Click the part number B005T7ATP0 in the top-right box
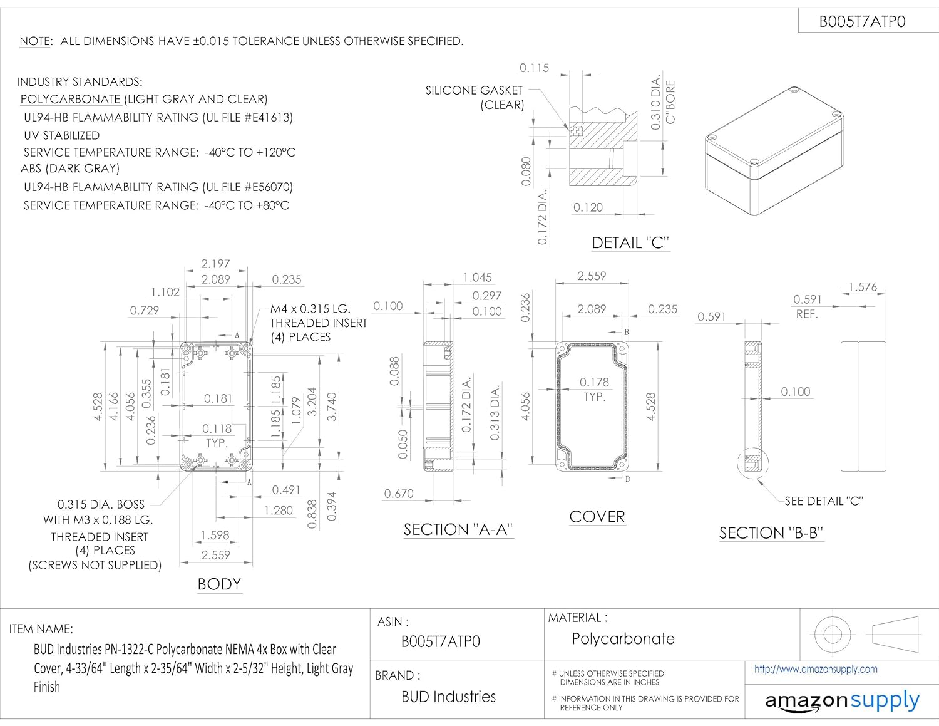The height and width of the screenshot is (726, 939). [862, 22]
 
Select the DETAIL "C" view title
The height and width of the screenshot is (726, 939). [630, 243]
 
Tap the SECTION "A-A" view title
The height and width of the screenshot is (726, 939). [458, 530]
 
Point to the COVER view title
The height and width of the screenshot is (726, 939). [597, 517]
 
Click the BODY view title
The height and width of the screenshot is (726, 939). [219, 584]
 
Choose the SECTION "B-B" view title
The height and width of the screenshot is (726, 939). [771, 533]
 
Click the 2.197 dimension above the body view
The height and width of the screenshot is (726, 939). [215, 264]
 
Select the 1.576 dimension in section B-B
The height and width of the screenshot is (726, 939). [863, 288]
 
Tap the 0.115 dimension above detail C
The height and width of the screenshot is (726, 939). [534, 68]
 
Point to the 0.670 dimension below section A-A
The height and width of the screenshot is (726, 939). [399, 494]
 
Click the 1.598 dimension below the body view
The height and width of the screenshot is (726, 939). [215, 536]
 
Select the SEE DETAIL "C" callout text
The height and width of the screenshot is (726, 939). [823, 501]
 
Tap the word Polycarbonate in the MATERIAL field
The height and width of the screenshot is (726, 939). [623, 639]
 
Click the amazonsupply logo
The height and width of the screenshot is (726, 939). [842, 700]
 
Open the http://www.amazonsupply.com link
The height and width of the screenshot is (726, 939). [815, 669]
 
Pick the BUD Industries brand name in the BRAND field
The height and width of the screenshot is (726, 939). [448, 697]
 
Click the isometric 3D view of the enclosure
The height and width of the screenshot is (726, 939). [773, 151]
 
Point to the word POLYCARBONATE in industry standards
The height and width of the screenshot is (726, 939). [70, 100]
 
